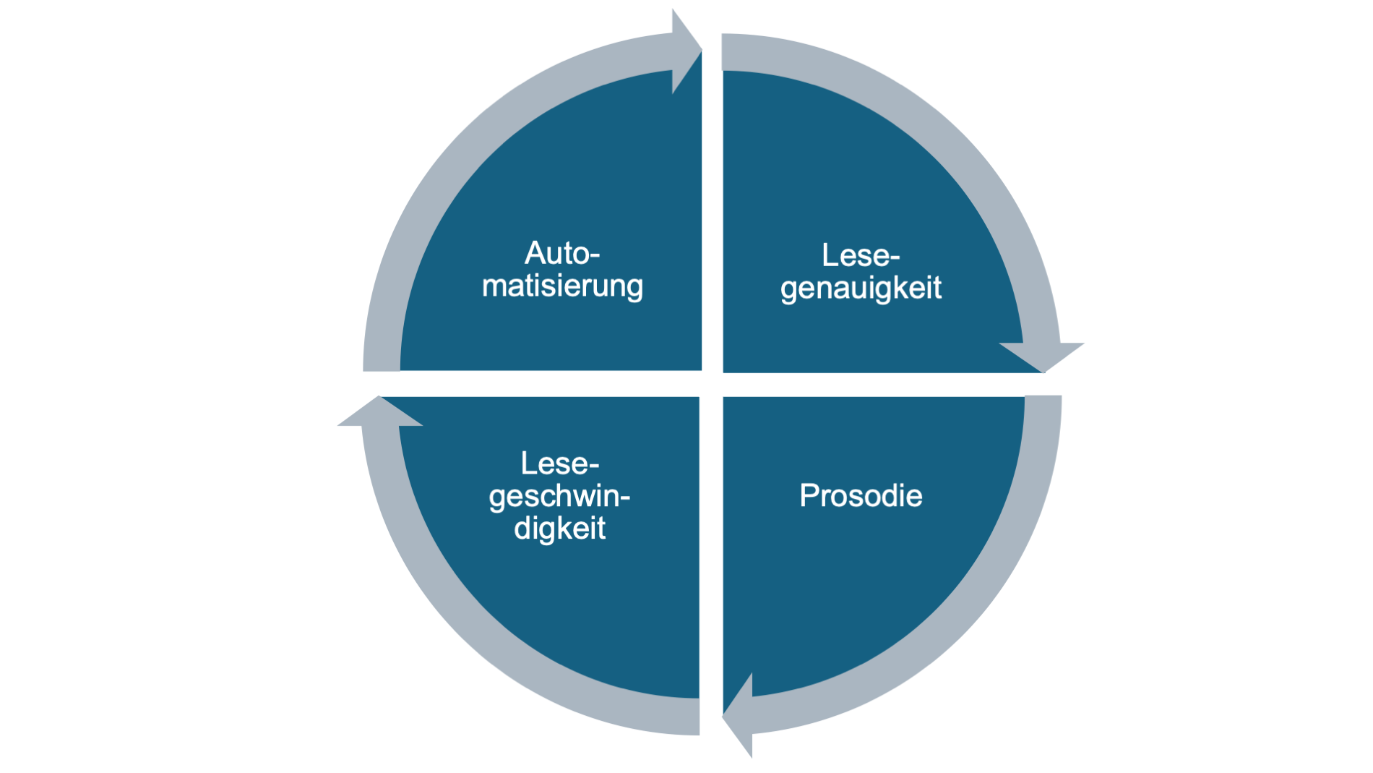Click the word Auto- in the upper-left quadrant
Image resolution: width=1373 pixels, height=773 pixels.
point(562,254)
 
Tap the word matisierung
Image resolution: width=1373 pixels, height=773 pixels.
point(562,286)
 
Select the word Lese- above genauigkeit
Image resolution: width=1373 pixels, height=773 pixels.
point(860,255)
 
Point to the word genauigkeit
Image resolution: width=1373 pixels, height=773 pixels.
point(861,288)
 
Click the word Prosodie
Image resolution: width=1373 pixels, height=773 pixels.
point(861,496)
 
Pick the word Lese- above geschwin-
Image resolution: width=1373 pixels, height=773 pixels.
point(560,464)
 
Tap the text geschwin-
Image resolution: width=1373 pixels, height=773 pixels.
point(559,497)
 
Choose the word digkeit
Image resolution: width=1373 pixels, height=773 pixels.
point(559,529)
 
